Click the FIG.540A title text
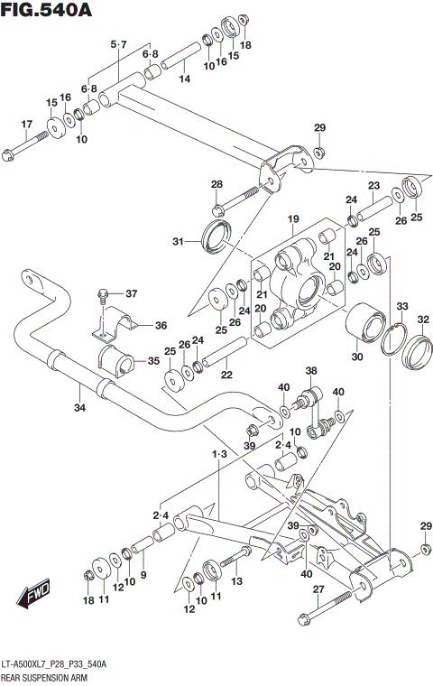coord(47,11)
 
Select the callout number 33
coord(401,306)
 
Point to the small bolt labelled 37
coord(103,295)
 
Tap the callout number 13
coord(237,582)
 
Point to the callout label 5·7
coord(119,44)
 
